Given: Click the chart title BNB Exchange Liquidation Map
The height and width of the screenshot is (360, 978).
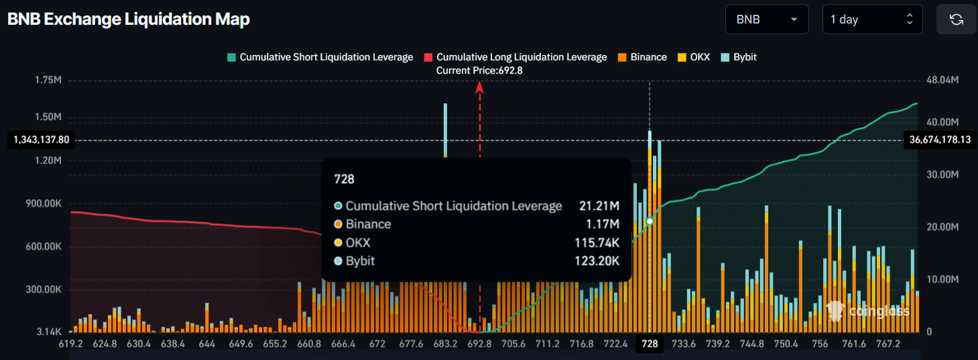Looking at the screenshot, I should [128, 19].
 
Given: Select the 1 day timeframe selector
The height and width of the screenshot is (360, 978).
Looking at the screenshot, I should [872, 19].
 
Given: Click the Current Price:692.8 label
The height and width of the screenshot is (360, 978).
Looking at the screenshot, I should [479, 70].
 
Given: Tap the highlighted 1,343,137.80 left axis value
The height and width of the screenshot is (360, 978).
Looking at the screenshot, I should [41, 140].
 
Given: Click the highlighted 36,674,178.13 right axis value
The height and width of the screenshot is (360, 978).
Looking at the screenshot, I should [940, 140].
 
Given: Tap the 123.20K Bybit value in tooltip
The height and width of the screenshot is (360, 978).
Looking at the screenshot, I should [597, 261].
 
